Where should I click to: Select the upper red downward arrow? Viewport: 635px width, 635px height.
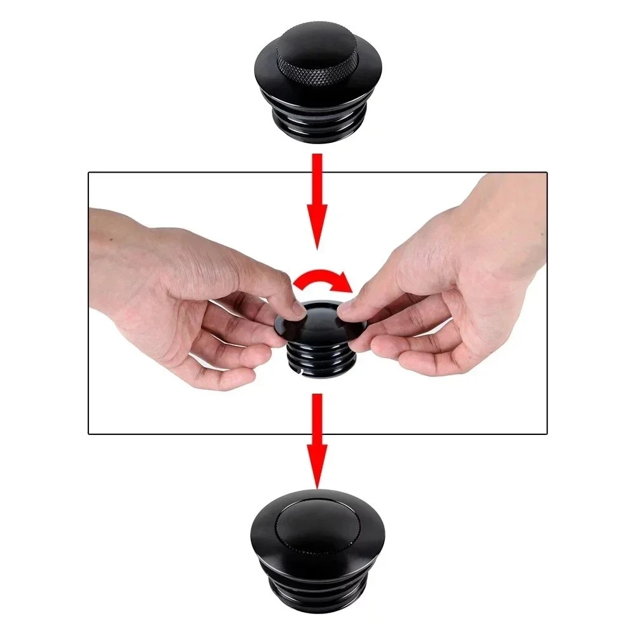[316, 203]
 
